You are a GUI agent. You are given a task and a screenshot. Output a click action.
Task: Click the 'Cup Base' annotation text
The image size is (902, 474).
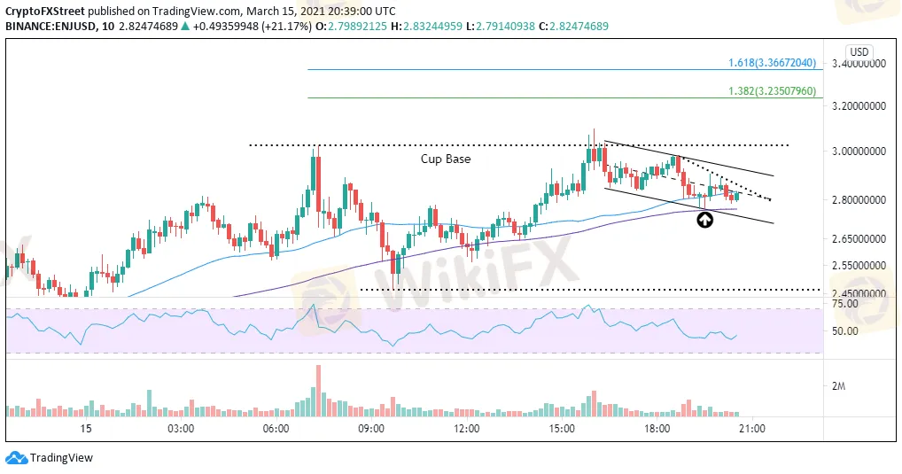click(x=446, y=159)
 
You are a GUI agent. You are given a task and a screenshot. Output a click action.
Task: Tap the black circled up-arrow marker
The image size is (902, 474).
click(x=704, y=220)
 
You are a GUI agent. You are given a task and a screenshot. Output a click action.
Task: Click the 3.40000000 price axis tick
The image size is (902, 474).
click(x=858, y=64)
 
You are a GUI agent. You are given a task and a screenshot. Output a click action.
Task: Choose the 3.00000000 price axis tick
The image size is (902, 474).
click(x=858, y=152)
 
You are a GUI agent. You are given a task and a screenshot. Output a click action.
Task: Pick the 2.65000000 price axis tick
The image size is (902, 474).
click(x=858, y=239)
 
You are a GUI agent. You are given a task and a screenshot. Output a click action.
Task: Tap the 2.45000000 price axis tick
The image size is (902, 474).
click(x=858, y=294)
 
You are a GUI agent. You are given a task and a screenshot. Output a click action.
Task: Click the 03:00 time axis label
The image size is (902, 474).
click(x=181, y=429)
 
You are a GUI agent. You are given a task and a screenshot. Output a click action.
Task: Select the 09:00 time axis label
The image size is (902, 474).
click(x=371, y=429)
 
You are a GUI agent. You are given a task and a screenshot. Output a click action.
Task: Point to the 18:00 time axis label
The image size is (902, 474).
click(x=657, y=429)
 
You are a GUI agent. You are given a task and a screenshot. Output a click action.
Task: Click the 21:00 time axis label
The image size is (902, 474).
click(x=752, y=429)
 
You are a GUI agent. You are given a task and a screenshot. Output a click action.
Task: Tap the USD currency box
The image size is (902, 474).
click(x=858, y=51)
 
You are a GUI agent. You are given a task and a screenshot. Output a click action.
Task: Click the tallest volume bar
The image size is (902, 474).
click(x=315, y=391)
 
